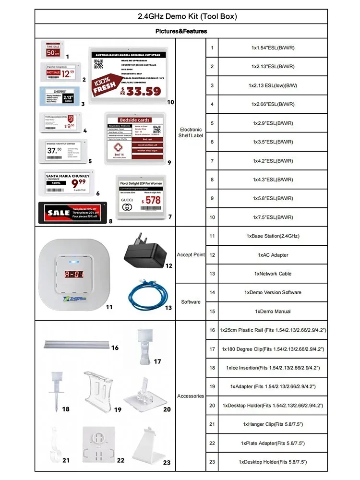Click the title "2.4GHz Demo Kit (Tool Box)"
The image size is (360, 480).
tap(180, 16)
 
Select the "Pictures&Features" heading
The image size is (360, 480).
tap(181, 31)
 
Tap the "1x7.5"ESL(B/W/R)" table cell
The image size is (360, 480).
tap(273, 217)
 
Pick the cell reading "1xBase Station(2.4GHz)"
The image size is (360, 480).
tap(273, 236)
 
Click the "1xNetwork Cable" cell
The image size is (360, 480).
tap(273, 274)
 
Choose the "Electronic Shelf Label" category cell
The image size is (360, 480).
tap(191, 132)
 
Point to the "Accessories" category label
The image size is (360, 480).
tap(191, 396)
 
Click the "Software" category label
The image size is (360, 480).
tap(191, 302)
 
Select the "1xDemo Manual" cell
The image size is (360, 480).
tap(273, 312)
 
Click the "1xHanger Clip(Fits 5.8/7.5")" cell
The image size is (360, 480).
tap(273, 424)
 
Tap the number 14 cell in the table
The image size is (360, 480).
tap(212, 292)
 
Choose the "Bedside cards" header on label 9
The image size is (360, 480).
tap(136, 120)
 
